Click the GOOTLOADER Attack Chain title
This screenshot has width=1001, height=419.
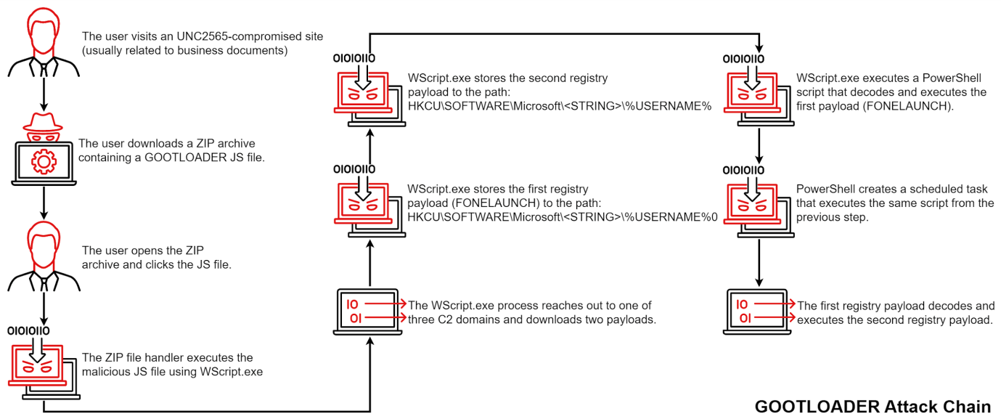pos(872,406)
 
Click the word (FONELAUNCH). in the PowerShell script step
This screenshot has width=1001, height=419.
pos(915,106)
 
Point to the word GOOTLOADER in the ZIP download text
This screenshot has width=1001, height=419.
pos(156,158)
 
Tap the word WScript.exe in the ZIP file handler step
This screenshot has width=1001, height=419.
pos(234,372)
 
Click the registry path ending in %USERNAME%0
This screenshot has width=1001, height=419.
pos(562,216)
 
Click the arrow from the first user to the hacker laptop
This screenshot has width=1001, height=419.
pos(45,92)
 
